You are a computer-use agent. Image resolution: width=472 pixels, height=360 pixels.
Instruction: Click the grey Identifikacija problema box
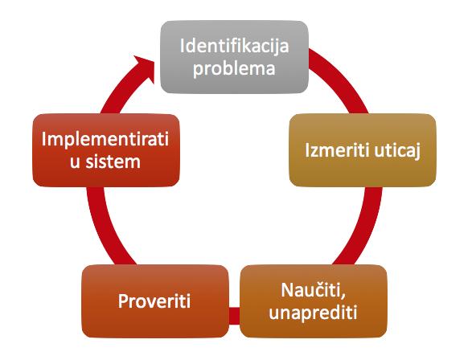[x=234, y=57]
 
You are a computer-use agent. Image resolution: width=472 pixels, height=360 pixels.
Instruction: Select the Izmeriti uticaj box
[x=363, y=150]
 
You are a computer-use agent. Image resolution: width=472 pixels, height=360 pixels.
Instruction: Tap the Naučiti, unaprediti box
[x=314, y=301]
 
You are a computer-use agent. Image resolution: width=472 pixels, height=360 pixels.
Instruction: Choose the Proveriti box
[x=155, y=301]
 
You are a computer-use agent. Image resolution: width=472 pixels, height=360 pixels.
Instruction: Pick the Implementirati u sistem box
[x=106, y=150]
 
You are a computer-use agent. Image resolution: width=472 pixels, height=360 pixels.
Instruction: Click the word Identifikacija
[x=234, y=46]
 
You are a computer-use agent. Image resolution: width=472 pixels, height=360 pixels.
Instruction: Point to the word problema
[x=234, y=68]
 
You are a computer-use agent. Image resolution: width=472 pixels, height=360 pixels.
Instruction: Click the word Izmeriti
[x=337, y=149]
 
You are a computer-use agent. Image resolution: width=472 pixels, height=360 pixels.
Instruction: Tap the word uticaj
[x=397, y=150]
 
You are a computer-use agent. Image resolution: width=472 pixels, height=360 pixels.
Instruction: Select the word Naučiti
[x=313, y=290]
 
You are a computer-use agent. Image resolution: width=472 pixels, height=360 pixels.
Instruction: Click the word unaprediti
[x=313, y=313]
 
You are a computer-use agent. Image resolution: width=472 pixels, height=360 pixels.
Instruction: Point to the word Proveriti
[x=154, y=301]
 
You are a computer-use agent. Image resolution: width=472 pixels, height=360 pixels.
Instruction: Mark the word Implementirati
[x=105, y=139]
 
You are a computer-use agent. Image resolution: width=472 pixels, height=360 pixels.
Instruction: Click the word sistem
[x=113, y=162]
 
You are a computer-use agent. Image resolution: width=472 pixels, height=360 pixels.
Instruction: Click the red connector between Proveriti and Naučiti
[x=234, y=316]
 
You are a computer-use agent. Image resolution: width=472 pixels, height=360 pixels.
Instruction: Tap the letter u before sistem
[x=76, y=162]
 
